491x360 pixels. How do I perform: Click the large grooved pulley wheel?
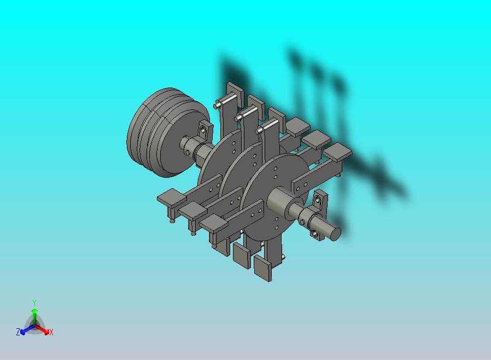pyautogui.click(x=166, y=133)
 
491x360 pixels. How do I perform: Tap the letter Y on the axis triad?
pyautogui.click(x=34, y=303)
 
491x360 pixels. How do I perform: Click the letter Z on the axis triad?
pyautogui.click(x=18, y=332)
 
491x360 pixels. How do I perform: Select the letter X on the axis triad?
pyautogui.click(x=51, y=332)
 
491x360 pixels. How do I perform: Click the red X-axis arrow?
pyautogui.click(x=42, y=329)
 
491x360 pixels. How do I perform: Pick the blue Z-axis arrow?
pyautogui.click(x=27, y=329)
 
